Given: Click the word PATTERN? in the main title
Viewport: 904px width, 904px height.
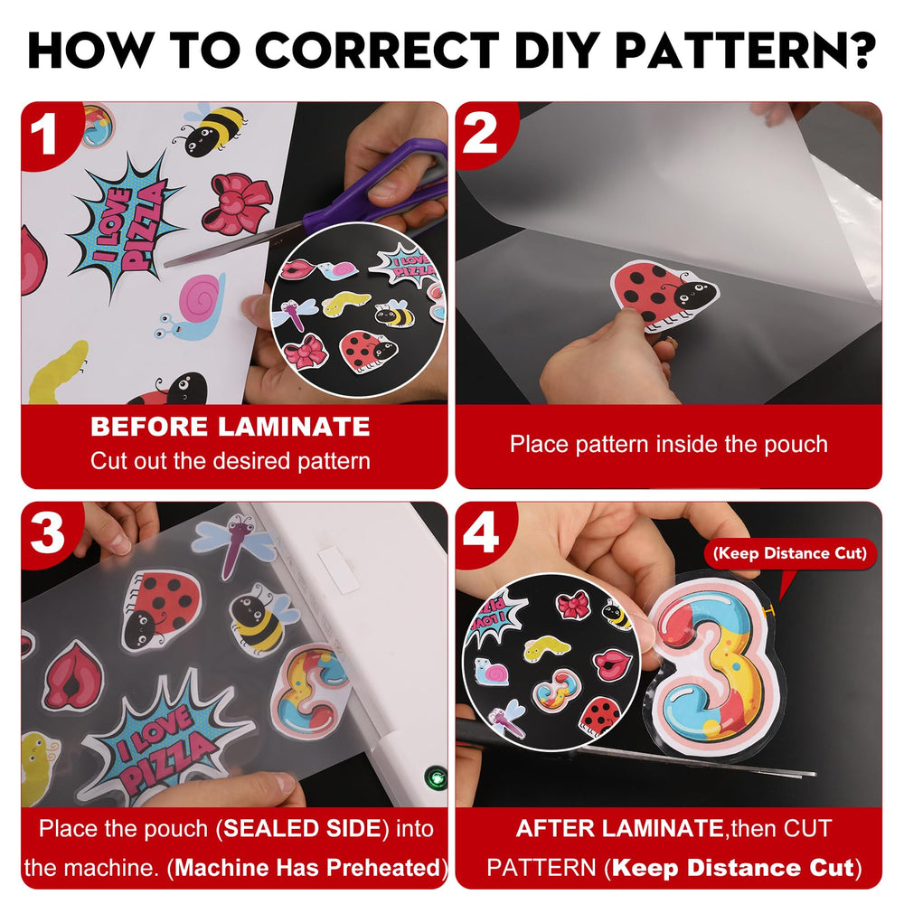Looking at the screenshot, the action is (x=746, y=50).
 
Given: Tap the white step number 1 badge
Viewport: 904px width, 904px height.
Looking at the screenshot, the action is (x=43, y=134).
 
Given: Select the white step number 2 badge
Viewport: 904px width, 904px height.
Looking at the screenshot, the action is (x=480, y=133).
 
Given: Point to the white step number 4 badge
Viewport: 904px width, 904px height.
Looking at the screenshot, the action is (x=481, y=533).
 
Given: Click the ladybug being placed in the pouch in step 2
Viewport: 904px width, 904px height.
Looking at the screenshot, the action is (x=664, y=294).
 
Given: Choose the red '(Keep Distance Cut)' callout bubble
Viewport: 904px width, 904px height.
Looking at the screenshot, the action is (x=790, y=553).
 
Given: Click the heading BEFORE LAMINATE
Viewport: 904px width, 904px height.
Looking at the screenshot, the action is (x=230, y=427).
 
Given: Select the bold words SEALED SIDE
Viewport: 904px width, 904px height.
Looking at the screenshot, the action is (x=302, y=828).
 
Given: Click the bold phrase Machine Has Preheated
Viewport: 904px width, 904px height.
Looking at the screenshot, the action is (x=307, y=868).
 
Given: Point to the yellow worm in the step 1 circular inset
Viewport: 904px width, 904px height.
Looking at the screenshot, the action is (x=345, y=303).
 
